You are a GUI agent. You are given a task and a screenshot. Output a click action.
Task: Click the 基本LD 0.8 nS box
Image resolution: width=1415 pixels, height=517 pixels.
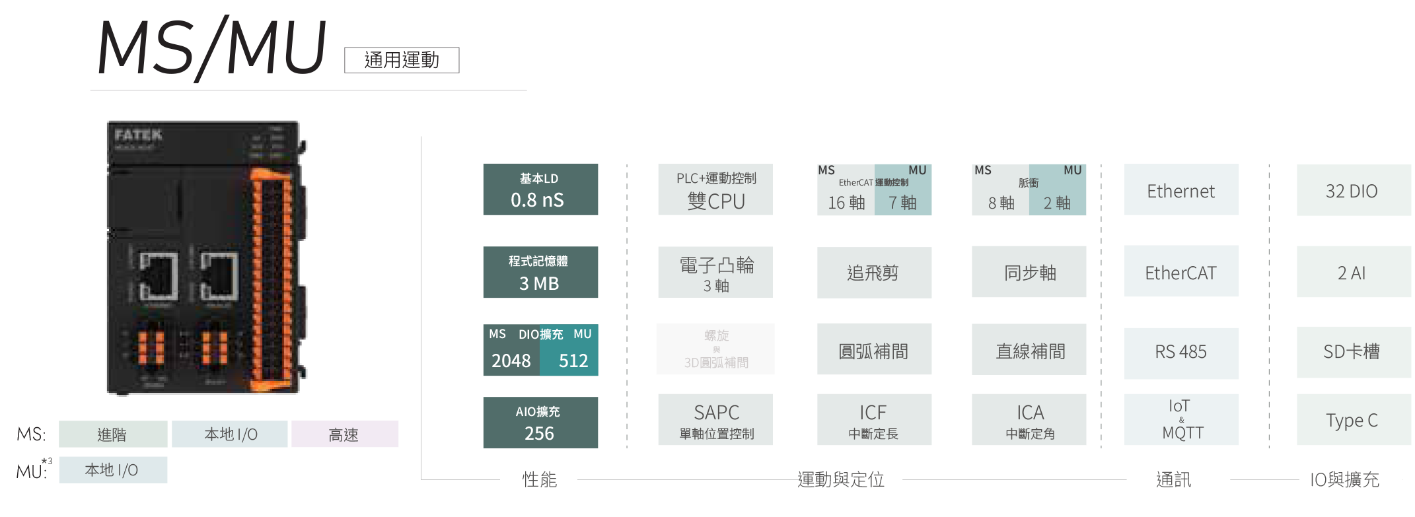coord(540,190)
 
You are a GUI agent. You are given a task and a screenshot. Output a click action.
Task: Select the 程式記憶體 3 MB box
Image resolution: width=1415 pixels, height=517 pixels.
coord(540,272)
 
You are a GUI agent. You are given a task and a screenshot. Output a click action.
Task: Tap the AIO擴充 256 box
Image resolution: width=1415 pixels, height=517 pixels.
coord(540,423)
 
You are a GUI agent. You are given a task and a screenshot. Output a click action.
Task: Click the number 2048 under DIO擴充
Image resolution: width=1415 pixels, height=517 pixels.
coord(511,361)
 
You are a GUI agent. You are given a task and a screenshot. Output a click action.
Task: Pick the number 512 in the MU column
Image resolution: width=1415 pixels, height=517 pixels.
coord(573,361)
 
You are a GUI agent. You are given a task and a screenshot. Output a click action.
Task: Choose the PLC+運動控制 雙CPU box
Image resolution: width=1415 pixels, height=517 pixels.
coord(715,190)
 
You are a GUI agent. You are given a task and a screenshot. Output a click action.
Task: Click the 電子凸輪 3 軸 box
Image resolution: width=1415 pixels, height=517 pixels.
coord(715,272)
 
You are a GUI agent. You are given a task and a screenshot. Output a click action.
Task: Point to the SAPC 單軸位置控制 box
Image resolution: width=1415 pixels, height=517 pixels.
coord(715,420)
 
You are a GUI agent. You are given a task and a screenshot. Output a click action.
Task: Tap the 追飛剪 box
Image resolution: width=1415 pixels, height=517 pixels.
coord(874,272)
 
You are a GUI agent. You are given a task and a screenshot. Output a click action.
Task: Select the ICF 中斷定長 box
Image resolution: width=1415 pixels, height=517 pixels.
coord(874,420)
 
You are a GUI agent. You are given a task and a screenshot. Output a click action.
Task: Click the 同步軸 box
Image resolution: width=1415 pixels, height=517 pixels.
coord(1029,272)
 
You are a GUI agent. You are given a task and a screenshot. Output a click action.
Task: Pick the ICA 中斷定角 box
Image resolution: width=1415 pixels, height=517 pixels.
coord(1029,420)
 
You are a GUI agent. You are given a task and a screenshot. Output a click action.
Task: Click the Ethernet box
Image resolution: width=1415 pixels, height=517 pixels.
coord(1181,190)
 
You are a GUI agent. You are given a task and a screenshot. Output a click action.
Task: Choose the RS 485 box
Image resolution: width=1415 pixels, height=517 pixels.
coord(1181,351)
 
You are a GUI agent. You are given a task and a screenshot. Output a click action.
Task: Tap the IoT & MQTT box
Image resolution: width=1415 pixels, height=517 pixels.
coord(1181,420)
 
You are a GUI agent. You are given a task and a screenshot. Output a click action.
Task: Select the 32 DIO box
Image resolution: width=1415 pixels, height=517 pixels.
coord(1352,190)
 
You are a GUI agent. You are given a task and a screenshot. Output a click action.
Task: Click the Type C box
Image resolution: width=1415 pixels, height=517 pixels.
coord(1352,420)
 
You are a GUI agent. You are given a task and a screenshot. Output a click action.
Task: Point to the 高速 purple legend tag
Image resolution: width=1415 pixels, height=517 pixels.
coord(344,434)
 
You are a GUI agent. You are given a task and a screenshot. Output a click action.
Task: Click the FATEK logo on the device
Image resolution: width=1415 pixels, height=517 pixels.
coord(138,135)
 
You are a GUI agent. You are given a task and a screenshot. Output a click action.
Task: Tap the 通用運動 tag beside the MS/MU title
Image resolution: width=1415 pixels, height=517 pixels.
coord(402,60)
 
